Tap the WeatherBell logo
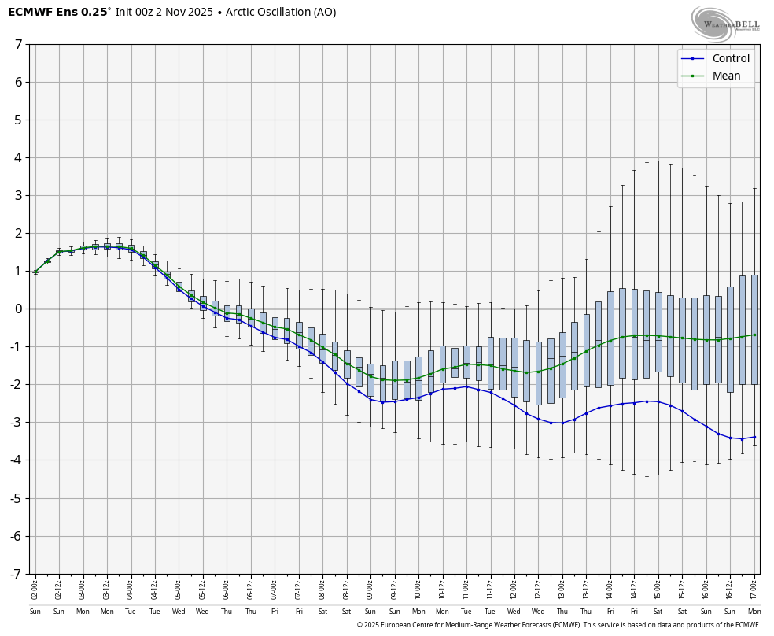coord(724,23)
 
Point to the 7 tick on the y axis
coord(18,44)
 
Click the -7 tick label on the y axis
coord(17,574)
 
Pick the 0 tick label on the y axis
coord(18,309)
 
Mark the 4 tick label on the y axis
coord(18,157)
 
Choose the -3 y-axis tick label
coord(17,422)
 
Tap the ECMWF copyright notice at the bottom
coord(558,625)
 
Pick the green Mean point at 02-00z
coord(35,272)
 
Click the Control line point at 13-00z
coord(562,423)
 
